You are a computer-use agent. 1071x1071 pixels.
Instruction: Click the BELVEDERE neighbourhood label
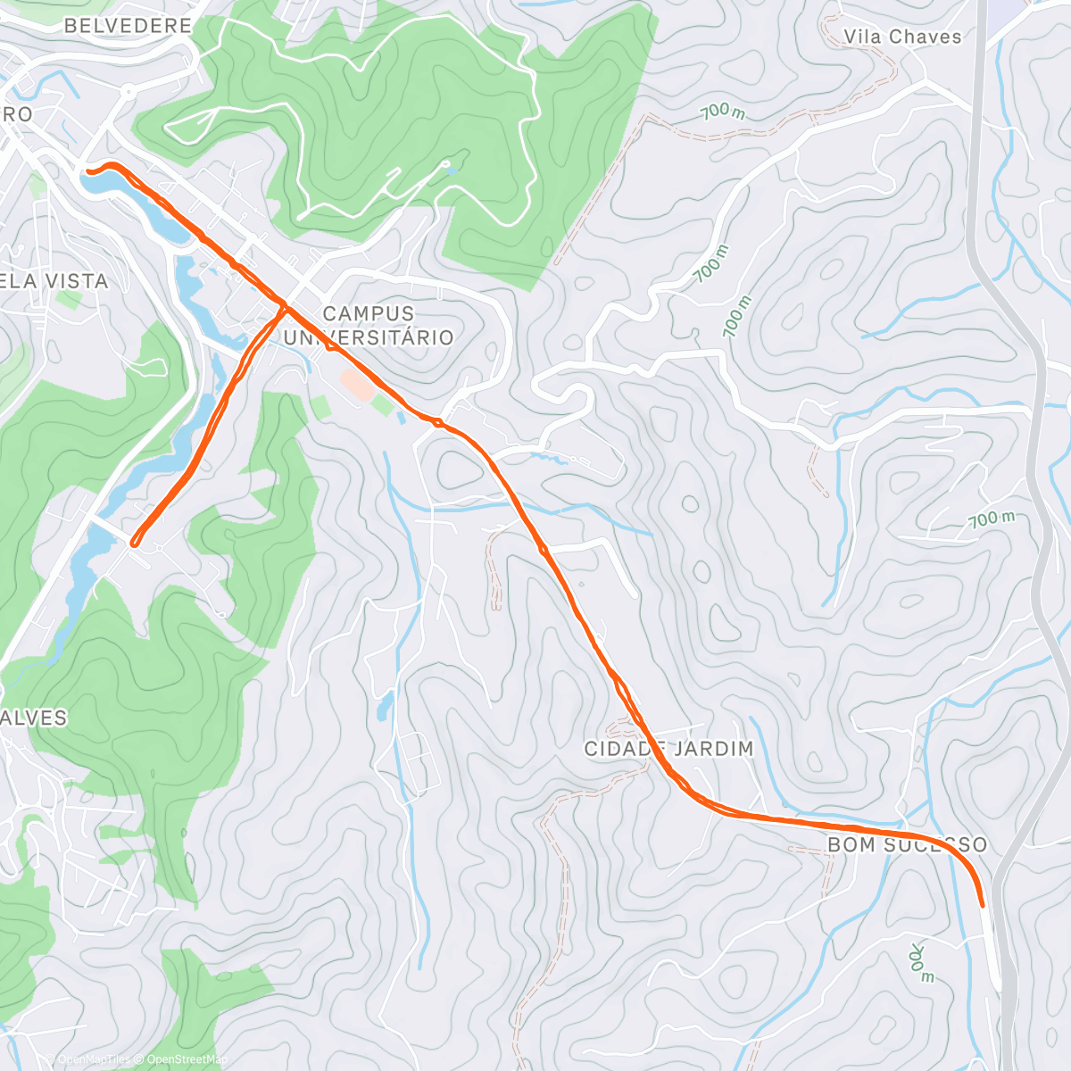(x=128, y=26)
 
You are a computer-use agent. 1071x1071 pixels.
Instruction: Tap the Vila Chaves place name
(x=902, y=37)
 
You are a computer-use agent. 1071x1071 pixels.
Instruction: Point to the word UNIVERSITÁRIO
(x=369, y=337)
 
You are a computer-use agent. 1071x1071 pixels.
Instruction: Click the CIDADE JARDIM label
(x=668, y=749)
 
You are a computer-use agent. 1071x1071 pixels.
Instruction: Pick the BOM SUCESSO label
(x=907, y=844)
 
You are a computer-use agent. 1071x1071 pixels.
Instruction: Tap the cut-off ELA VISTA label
(x=54, y=281)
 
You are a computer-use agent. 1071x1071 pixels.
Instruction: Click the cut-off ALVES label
(x=34, y=718)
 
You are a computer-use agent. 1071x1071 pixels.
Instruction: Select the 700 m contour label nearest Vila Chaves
(x=723, y=112)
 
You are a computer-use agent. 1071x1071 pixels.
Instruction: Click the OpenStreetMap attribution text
(x=186, y=1059)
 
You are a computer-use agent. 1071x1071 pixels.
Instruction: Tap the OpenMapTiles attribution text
(x=94, y=1059)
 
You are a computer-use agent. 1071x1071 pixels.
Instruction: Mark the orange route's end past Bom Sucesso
(x=983, y=905)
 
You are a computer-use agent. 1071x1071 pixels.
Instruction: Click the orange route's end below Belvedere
(x=87, y=170)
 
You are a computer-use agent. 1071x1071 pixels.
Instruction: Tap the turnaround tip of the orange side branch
(x=134, y=542)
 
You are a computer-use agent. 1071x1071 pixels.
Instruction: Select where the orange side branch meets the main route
(x=286, y=307)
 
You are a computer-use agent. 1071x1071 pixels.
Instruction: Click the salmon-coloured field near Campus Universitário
(x=358, y=385)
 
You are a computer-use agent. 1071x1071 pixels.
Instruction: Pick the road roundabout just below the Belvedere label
(x=129, y=90)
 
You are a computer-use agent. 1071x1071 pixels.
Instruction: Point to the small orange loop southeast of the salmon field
(x=437, y=421)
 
